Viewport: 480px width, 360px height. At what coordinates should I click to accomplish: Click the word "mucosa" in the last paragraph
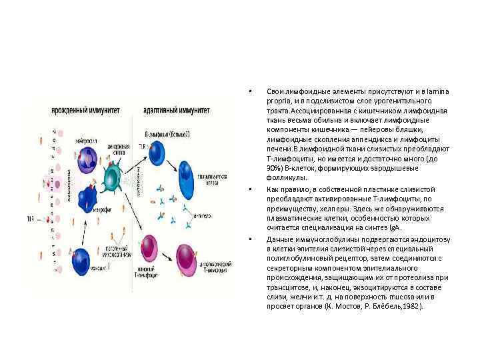(x=396, y=297)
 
